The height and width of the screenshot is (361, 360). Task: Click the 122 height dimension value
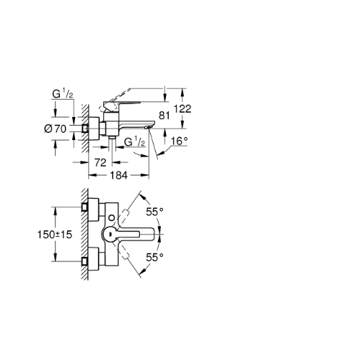(183, 109)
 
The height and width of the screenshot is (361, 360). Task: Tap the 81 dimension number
(164, 116)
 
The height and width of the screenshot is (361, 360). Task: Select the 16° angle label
(179, 141)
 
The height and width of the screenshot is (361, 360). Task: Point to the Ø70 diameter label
(55, 129)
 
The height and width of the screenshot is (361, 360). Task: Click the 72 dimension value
(100, 162)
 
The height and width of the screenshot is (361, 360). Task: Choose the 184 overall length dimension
(118, 175)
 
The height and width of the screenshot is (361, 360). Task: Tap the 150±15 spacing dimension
(55, 235)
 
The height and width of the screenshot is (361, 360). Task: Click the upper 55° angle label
(155, 212)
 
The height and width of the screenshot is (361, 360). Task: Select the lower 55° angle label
(155, 258)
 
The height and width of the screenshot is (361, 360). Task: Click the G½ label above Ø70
(63, 94)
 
